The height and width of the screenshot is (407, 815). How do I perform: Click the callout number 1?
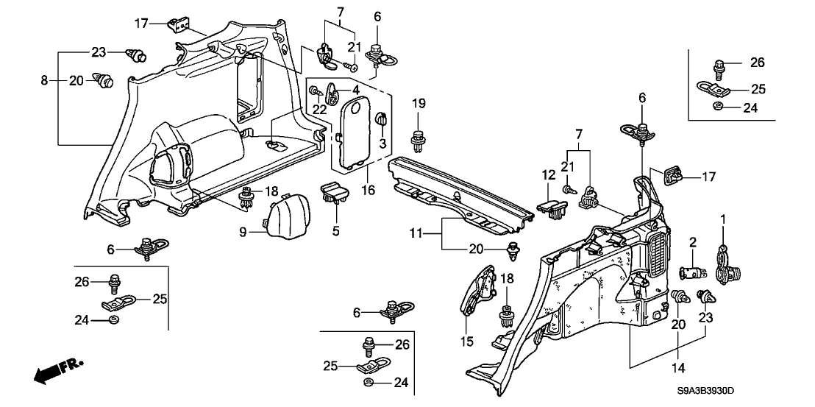pos(723,219)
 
